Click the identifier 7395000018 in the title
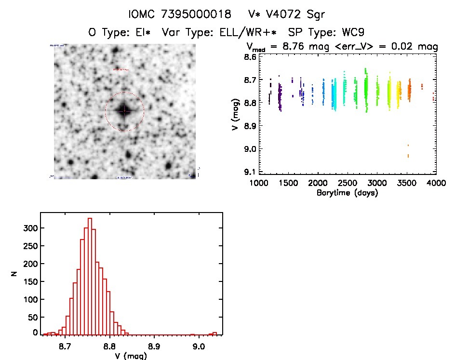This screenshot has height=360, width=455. [x=188, y=14]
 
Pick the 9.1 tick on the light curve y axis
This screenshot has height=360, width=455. [x=249, y=172]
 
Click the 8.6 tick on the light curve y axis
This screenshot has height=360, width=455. [x=249, y=56]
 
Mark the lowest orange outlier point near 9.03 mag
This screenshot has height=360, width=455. [x=408, y=156]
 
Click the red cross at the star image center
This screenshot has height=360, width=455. [x=124, y=111]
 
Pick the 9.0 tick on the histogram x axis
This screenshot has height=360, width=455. [x=198, y=346]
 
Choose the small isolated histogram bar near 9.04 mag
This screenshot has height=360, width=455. [x=214, y=333]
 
